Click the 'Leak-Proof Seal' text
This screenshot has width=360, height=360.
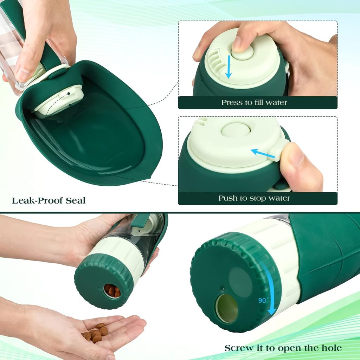coord(49,201)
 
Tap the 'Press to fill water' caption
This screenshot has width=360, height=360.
coord(254,103)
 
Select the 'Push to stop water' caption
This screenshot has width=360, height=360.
coord(254,198)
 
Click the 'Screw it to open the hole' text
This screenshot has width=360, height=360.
coord(283,348)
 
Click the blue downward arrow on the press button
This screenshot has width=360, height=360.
coord(229,66)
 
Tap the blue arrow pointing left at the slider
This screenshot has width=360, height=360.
coord(263,153)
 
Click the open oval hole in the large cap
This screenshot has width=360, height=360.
coord(226,308)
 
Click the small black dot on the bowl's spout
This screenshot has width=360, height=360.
coord(69,94)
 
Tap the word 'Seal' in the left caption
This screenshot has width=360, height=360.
coord(75,201)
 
